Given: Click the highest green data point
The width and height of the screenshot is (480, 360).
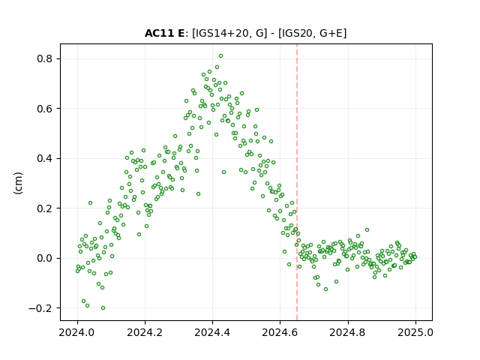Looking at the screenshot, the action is click(x=220, y=56).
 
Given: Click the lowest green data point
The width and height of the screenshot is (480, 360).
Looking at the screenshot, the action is click(x=103, y=308).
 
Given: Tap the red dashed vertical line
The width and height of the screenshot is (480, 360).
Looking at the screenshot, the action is click(x=297, y=182).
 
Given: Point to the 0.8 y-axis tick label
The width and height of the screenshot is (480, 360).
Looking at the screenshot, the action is click(x=44, y=58).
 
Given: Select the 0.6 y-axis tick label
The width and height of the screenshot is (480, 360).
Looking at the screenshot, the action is click(x=44, y=108).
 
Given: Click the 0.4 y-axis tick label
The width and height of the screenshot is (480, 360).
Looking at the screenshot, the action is click(x=44, y=158).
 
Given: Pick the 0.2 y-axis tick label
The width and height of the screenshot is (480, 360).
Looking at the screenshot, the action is click(x=44, y=208).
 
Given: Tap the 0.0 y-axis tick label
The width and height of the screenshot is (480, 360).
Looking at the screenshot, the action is click(x=44, y=258).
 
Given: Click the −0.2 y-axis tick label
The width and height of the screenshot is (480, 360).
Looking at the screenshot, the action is click(x=40, y=308).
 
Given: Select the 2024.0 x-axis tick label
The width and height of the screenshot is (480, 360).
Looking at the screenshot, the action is click(x=77, y=332).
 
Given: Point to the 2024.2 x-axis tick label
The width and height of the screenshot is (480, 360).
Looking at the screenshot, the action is click(x=145, y=332).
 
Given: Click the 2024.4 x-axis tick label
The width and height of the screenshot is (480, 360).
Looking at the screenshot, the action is click(x=212, y=332).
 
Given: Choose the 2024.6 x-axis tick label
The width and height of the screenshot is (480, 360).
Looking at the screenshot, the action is click(x=280, y=332).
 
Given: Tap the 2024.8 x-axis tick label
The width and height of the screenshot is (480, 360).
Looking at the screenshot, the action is click(x=348, y=332).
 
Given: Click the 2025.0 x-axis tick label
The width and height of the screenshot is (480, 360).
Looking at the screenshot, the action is click(x=415, y=332).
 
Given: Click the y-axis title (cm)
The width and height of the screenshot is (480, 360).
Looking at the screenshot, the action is click(x=18, y=183).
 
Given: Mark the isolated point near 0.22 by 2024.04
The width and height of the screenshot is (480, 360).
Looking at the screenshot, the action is click(x=90, y=203).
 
